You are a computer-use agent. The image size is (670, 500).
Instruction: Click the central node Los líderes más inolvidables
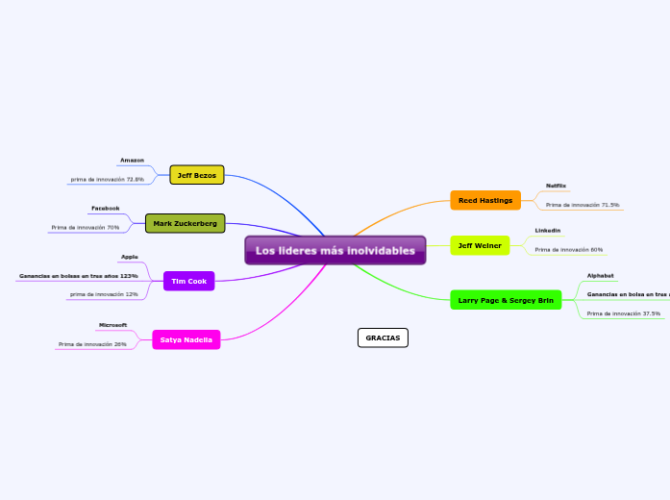pos(335,251)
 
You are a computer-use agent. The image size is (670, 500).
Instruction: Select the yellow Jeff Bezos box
pos(196,175)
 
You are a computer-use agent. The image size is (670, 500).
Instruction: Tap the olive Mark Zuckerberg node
pos(185,223)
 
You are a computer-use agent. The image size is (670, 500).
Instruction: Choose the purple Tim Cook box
pos(188,281)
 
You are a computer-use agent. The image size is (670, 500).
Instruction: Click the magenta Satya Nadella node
pos(186,339)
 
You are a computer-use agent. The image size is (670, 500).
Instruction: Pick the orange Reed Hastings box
pos(484,200)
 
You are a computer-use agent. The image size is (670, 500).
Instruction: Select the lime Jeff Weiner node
pos(479,245)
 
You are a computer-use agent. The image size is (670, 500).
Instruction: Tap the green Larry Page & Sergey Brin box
pos(505,300)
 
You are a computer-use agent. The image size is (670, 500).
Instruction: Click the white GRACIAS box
pos(383,337)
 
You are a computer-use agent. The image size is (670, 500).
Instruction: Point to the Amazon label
pos(132,160)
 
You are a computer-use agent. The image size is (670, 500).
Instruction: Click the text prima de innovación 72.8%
pos(107,179)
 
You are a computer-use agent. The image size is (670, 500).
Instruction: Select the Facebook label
pos(105,208)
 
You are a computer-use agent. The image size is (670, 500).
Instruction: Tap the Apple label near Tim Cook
pos(129,257)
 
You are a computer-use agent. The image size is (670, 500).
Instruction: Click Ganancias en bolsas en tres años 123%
pos(78,276)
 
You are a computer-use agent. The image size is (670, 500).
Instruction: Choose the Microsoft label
pos(112,325)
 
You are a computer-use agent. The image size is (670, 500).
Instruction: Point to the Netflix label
pos(556,185)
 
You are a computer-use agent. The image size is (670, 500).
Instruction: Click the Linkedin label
pos(547,231)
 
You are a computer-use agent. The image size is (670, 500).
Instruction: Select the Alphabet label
pos(600,276)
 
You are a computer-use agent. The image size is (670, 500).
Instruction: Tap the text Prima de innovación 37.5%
pos(623,313)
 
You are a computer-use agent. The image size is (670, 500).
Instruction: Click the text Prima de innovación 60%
pos(568,249)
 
